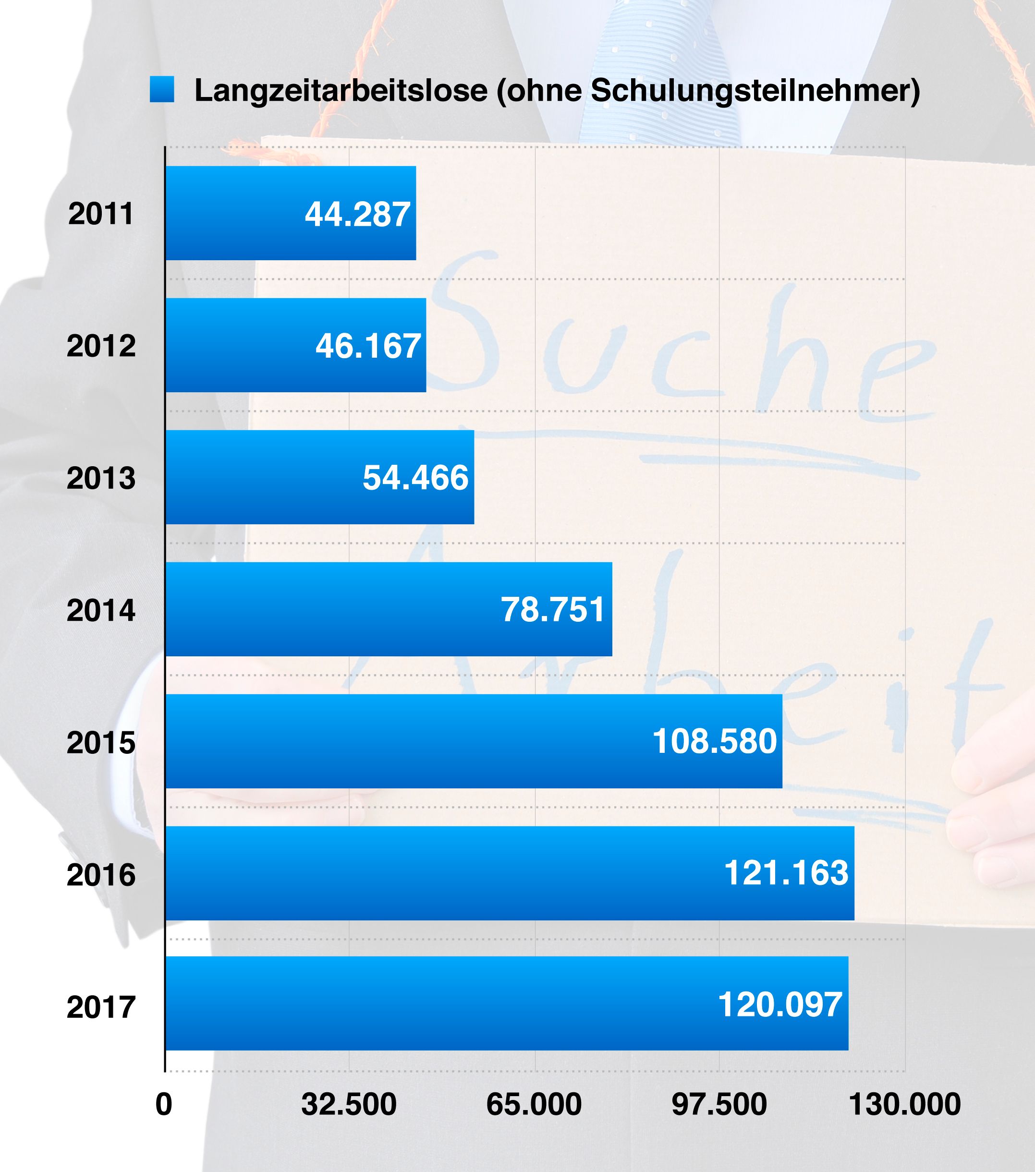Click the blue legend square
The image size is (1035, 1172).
(x=162, y=90)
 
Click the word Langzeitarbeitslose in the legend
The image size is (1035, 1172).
(x=341, y=91)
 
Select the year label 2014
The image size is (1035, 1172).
(x=101, y=610)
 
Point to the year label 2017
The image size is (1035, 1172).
(x=101, y=1007)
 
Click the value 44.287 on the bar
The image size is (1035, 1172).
(x=357, y=215)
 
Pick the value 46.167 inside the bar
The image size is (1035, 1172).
(x=368, y=346)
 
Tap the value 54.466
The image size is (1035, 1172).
(x=415, y=478)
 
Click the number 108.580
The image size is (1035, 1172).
(x=715, y=742)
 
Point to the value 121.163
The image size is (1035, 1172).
(x=786, y=873)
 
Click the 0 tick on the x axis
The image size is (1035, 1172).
(x=164, y=1104)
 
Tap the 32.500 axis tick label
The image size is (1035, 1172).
(x=349, y=1104)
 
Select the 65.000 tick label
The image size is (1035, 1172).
(x=534, y=1104)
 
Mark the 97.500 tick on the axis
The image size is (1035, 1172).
(x=719, y=1104)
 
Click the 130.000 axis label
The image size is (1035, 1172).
(x=905, y=1104)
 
